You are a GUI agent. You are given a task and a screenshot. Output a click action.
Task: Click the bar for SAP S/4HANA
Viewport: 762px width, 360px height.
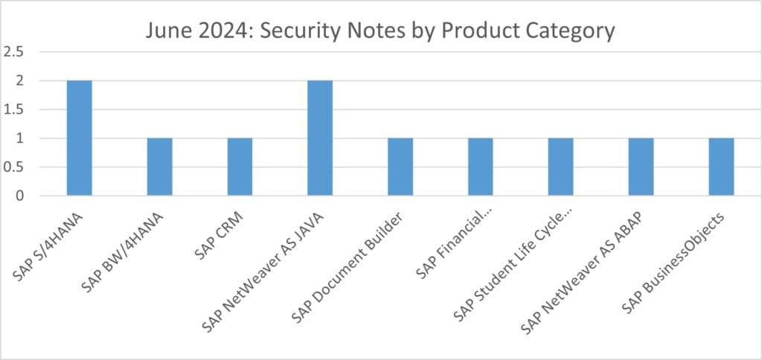(79, 138)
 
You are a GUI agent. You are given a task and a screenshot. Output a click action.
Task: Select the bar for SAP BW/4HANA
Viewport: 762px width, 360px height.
(159, 167)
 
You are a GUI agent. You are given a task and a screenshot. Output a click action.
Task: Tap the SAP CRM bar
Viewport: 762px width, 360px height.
(240, 167)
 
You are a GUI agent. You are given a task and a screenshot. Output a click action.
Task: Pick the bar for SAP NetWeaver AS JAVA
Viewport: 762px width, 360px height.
(320, 138)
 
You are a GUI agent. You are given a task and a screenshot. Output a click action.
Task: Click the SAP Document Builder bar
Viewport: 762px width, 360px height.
(400, 167)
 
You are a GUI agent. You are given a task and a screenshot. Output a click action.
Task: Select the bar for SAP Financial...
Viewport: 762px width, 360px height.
(481, 167)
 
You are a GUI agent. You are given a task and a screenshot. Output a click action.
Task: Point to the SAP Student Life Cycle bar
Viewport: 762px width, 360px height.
(561, 167)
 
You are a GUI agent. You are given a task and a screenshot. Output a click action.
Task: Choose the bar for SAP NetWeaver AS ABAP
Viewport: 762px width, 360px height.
(641, 167)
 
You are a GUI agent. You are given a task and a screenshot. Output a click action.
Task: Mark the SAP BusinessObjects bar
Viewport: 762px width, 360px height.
(721, 167)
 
